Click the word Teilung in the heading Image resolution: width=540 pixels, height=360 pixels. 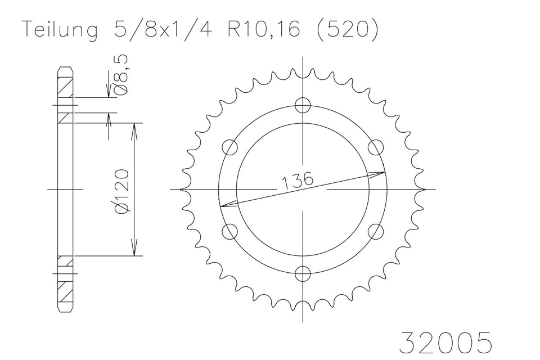coord(58,30)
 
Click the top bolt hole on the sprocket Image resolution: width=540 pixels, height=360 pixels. coord(303,105)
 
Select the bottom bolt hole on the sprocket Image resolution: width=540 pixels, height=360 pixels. coord(303,273)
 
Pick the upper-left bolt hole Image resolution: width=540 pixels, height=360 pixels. coord(230,147)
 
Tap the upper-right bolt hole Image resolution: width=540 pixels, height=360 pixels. coord(376,147)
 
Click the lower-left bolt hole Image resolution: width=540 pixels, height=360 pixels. coord(230,231)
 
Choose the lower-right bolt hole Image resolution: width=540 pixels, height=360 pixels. coord(376,231)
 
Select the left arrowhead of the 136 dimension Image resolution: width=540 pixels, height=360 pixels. coord(223,205)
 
